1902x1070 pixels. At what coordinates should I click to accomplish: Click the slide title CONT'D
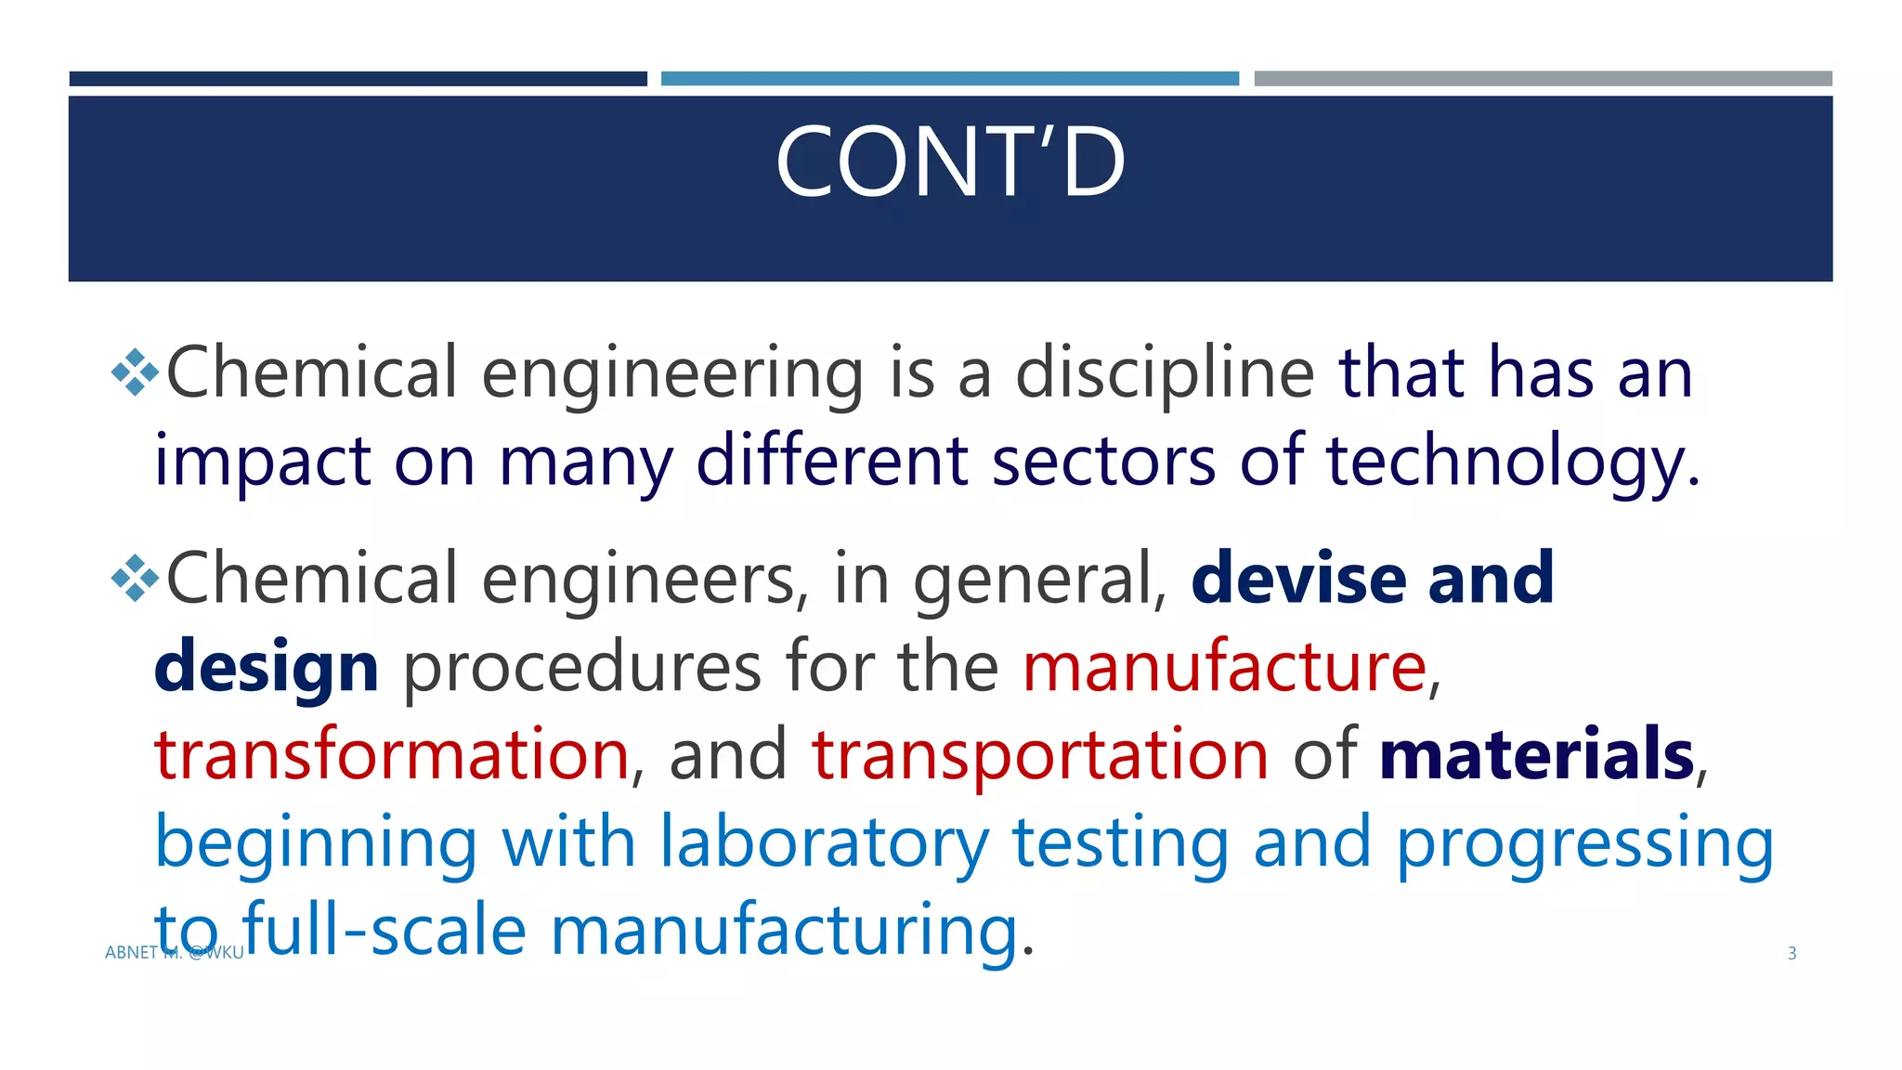click(x=950, y=163)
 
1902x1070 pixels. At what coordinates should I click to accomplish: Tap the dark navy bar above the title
click(x=358, y=79)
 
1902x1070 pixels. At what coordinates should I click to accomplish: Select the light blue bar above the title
click(x=949, y=79)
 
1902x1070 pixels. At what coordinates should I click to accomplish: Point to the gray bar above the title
click(x=1543, y=79)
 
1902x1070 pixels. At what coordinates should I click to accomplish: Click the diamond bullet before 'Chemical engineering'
click(x=135, y=372)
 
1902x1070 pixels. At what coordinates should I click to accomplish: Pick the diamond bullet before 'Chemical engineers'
click(x=135, y=578)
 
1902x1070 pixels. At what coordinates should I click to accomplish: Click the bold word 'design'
click(x=266, y=669)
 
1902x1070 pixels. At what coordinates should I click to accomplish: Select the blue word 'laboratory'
click(x=824, y=843)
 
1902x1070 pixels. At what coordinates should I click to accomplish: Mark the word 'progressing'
click(x=1584, y=843)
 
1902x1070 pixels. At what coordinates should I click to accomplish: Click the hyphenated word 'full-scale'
click(x=384, y=930)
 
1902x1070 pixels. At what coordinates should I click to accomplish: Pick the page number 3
click(x=1791, y=953)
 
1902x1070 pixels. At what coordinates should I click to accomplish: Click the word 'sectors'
click(x=1103, y=463)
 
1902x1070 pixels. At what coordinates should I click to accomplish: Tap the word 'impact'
click(x=263, y=463)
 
